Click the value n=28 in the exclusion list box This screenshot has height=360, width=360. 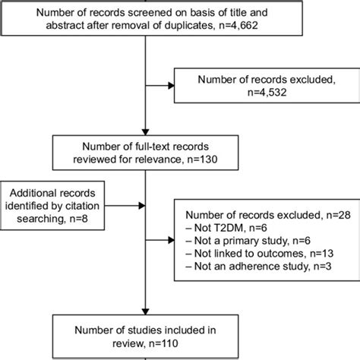(x=320, y=216)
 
